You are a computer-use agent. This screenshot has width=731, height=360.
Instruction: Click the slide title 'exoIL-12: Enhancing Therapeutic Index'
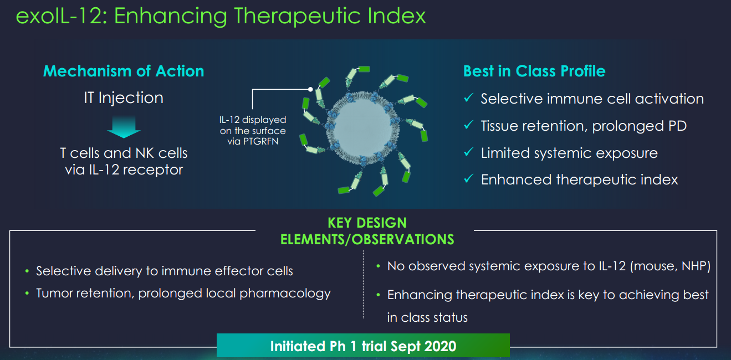click(x=221, y=16)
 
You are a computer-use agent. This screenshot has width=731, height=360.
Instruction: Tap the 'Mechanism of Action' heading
click(x=124, y=71)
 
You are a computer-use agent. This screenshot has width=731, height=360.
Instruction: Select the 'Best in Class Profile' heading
click(x=534, y=71)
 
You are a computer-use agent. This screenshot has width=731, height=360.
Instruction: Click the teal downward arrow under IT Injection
click(x=124, y=127)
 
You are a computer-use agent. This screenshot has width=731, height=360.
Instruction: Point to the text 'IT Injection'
click(x=124, y=98)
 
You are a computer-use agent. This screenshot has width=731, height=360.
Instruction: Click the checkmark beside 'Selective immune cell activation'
click(x=469, y=97)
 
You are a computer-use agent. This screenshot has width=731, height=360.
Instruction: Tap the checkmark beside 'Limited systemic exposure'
click(x=469, y=152)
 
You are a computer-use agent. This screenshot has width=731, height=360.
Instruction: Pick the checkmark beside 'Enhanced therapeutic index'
click(x=469, y=178)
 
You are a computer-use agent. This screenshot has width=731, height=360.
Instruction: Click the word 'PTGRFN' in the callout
click(x=260, y=142)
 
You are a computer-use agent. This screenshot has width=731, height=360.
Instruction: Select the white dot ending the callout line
click(x=310, y=89)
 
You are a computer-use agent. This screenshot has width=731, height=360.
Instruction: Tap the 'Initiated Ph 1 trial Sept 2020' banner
click(x=363, y=346)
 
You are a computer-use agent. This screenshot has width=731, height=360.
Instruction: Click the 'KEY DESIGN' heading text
click(x=367, y=223)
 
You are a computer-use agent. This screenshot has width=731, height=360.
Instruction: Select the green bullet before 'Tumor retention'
click(x=27, y=294)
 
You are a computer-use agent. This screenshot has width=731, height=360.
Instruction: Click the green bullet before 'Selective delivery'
click(x=27, y=271)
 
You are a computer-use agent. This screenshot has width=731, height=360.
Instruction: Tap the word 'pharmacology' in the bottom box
click(x=285, y=294)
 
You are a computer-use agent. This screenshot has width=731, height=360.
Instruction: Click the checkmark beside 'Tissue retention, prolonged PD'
click(x=469, y=125)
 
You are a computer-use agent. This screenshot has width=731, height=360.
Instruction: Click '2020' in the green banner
click(x=440, y=346)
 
